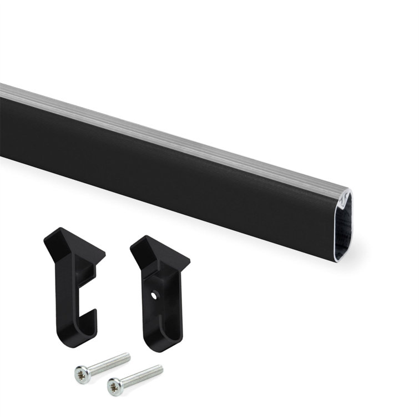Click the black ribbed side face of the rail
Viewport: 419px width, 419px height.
(166, 166)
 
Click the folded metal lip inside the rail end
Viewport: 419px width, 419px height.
(345, 205)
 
